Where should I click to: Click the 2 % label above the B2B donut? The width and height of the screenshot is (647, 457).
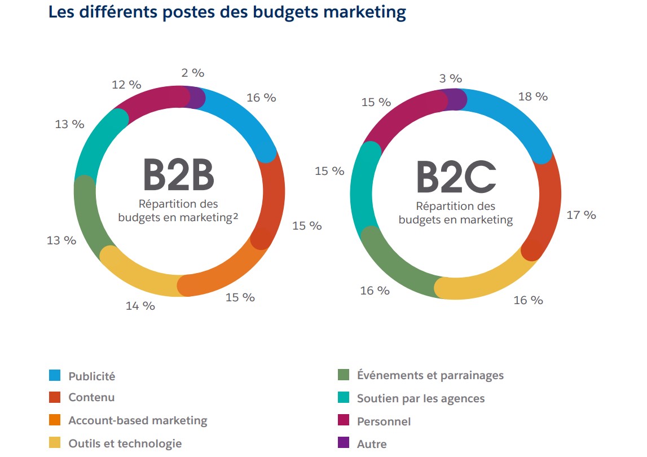pyautogui.click(x=193, y=73)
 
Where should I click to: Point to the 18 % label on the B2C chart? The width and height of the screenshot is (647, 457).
pyautogui.click(x=532, y=96)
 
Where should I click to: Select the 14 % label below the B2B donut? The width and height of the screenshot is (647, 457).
pyautogui.click(x=140, y=306)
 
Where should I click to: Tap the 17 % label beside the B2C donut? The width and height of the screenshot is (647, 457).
pyautogui.click(x=581, y=215)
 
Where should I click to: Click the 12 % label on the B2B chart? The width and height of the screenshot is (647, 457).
pyautogui.click(x=126, y=85)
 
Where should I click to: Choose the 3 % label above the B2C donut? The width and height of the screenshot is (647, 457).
pyautogui.click(x=451, y=78)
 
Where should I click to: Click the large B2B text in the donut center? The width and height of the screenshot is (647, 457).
pyautogui.click(x=178, y=174)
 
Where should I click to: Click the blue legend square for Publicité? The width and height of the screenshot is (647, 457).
pyautogui.click(x=55, y=375)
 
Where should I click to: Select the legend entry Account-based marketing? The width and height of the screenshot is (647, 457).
pyautogui.click(x=138, y=420)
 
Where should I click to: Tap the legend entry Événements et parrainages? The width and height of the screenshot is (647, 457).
pyautogui.click(x=430, y=375)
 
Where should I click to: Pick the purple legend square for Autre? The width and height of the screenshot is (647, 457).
pyautogui.click(x=343, y=443)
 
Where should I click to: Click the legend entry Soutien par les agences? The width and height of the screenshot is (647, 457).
pyautogui.click(x=420, y=398)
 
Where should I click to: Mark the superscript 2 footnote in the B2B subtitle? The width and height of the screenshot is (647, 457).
pyautogui.click(x=235, y=214)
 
